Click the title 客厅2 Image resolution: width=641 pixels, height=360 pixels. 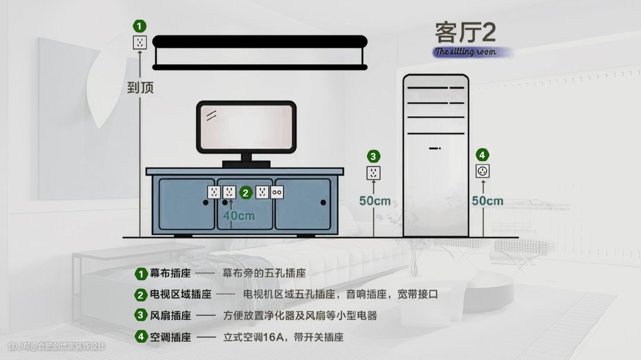click(x=465, y=32)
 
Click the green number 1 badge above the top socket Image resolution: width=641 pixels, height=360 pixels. click(x=139, y=26)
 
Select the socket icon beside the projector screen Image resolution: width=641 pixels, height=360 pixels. click(x=139, y=42)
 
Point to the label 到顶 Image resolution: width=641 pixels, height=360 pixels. click(x=140, y=88)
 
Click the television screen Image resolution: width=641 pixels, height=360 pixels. click(x=246, y=127)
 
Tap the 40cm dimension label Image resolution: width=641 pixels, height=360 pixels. click(x=239, y=215)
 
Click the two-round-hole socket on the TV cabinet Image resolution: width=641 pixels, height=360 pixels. click(x=277, y=192)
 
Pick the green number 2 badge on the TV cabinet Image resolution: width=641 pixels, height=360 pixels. click(x=246, y=192)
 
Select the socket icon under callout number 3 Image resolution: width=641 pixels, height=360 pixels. click(x=373, y=173)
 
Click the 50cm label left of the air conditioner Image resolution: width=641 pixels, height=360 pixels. click(x=375, y=201)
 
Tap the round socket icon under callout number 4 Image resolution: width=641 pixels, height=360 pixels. click(x=483, y=171)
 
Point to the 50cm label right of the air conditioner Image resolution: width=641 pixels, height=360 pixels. click(x=487, y=201)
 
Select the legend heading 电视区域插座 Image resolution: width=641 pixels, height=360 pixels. click(x=180, y=294)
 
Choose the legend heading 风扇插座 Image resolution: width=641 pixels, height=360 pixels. click(x=170, y=316)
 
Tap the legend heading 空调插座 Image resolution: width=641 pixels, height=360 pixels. click(x=170, y=337)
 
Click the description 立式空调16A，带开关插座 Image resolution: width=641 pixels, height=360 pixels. click(x=283, y=337)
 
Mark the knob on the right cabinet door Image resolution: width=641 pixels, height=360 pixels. click(x=323, y=203)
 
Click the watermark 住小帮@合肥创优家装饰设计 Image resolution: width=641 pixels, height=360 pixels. click(x=56, y=346)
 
